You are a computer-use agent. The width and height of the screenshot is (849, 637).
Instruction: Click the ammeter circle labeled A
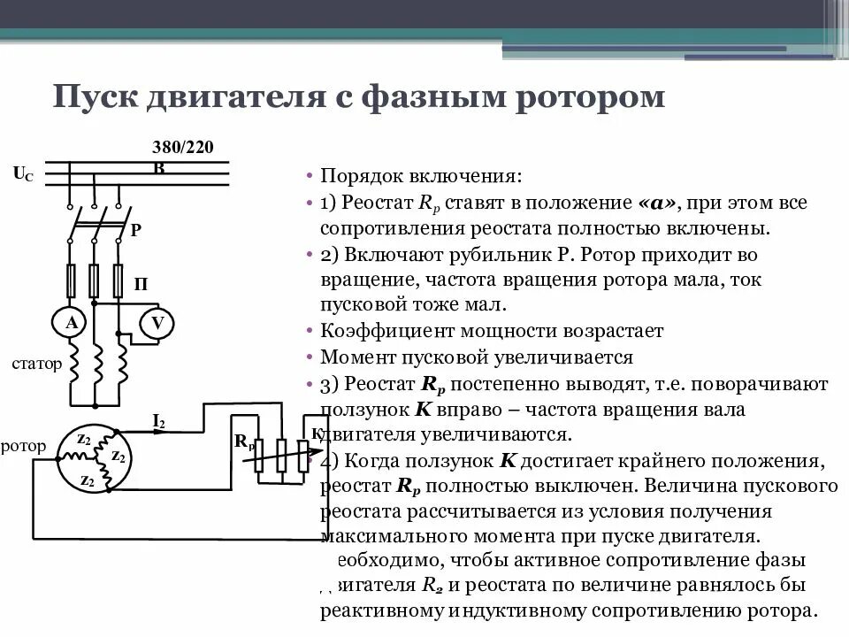click(71, 324)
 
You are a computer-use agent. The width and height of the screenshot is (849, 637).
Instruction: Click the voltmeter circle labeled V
click(157, 324)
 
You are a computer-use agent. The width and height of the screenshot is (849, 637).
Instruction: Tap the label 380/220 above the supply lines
click(182, 148)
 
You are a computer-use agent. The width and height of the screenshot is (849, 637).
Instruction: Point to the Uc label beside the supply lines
click(23, 174)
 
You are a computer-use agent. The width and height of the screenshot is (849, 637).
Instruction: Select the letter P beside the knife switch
click(135, 230)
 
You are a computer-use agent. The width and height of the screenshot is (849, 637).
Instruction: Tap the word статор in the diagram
click(36, 363)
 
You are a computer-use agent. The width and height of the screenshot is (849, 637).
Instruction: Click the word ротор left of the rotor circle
click(24, 446)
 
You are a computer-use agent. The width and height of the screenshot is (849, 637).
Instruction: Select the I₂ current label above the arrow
click(158, 421)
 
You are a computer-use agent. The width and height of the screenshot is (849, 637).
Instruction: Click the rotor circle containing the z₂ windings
click(94, 457)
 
